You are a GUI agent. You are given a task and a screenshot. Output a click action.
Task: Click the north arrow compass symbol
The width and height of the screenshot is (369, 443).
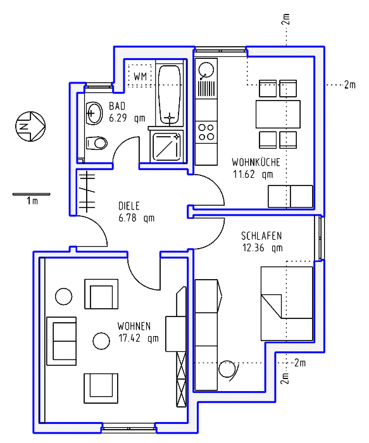click(30, 127)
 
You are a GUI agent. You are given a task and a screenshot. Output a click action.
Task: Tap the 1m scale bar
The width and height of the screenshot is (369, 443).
click(32, 194)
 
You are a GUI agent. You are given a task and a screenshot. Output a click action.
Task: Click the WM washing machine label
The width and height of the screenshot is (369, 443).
click(140, 77)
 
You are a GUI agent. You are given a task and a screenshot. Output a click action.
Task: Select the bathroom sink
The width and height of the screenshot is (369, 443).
click(94, 113)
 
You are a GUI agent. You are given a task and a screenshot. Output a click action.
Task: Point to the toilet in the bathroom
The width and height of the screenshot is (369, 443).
click(97, 143)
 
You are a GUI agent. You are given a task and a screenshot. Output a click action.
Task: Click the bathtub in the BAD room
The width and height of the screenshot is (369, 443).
click(169, 95)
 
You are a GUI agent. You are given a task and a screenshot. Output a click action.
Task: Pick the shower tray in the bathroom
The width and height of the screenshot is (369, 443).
click(166, 147)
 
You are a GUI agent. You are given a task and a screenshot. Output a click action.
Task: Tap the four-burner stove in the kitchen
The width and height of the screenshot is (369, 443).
click(206, 132)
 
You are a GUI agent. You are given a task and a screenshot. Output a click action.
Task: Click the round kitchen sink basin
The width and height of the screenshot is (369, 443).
click(206, 70)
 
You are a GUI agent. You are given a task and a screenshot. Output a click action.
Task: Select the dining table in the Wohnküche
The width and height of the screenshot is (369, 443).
click(278, 114)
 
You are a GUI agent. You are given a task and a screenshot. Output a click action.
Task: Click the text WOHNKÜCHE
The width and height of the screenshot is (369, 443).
click(256, 162)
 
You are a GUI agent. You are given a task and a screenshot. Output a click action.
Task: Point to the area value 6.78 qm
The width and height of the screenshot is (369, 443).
click(137, 218)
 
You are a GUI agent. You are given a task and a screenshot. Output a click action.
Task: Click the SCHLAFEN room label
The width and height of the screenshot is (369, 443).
click(261, 235)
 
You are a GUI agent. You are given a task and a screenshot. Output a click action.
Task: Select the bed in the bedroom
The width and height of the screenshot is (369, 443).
click(287, 303)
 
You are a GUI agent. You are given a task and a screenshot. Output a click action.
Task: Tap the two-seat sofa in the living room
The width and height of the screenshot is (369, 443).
click(61, 341)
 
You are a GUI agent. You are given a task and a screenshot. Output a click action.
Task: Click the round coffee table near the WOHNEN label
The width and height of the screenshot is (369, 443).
click(101, 340)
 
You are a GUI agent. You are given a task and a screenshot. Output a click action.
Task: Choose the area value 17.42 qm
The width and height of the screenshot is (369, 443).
click(139, 338)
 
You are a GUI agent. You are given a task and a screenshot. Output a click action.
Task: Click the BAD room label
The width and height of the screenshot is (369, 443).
click(117, 106)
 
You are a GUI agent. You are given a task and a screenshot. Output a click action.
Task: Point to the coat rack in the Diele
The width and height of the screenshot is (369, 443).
click(87, 192)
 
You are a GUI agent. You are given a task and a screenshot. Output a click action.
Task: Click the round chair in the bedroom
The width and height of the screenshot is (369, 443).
click(227, 369)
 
